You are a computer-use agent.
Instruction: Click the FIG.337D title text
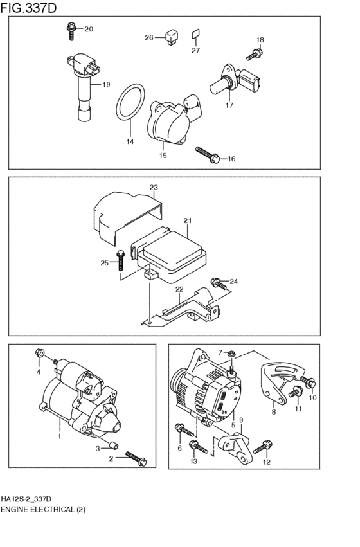[x=28, y=8]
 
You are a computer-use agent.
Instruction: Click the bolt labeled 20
[x=71, y=31]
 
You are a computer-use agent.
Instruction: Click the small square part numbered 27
[x=195, y=33]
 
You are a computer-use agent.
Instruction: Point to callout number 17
[x=230, y=105]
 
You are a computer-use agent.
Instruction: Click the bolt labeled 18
[x=255, y=55]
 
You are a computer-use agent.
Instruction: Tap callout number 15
[x=163, y=156]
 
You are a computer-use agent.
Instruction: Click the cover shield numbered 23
[x=128, y=217]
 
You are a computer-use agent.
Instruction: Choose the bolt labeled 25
[x=121, y=260]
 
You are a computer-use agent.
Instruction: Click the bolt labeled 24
[x=219, y=283]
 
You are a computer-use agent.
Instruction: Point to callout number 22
[x=179, y=289]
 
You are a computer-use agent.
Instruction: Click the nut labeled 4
[x=39, y=353]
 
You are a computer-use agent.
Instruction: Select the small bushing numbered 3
[x=113, y=445]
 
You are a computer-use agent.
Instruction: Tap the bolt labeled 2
[x=136, y=458]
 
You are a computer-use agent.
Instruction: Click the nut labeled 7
[x=231, y=354]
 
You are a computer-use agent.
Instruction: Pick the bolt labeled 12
[x=263, y=447]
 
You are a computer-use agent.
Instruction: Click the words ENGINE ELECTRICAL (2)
[x=43, y=509]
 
